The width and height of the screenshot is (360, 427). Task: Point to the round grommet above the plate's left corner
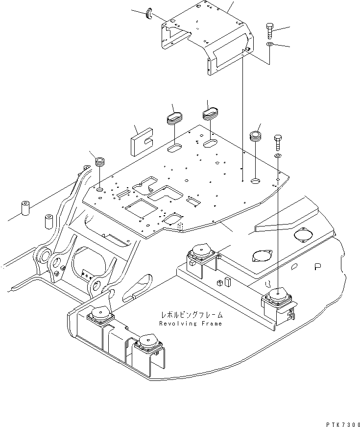point(100,161)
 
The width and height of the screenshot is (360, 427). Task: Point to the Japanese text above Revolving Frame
point(190,314)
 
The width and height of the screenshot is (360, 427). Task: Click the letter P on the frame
point(318,267)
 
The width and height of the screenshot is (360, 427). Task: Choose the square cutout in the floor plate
point(139,209)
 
